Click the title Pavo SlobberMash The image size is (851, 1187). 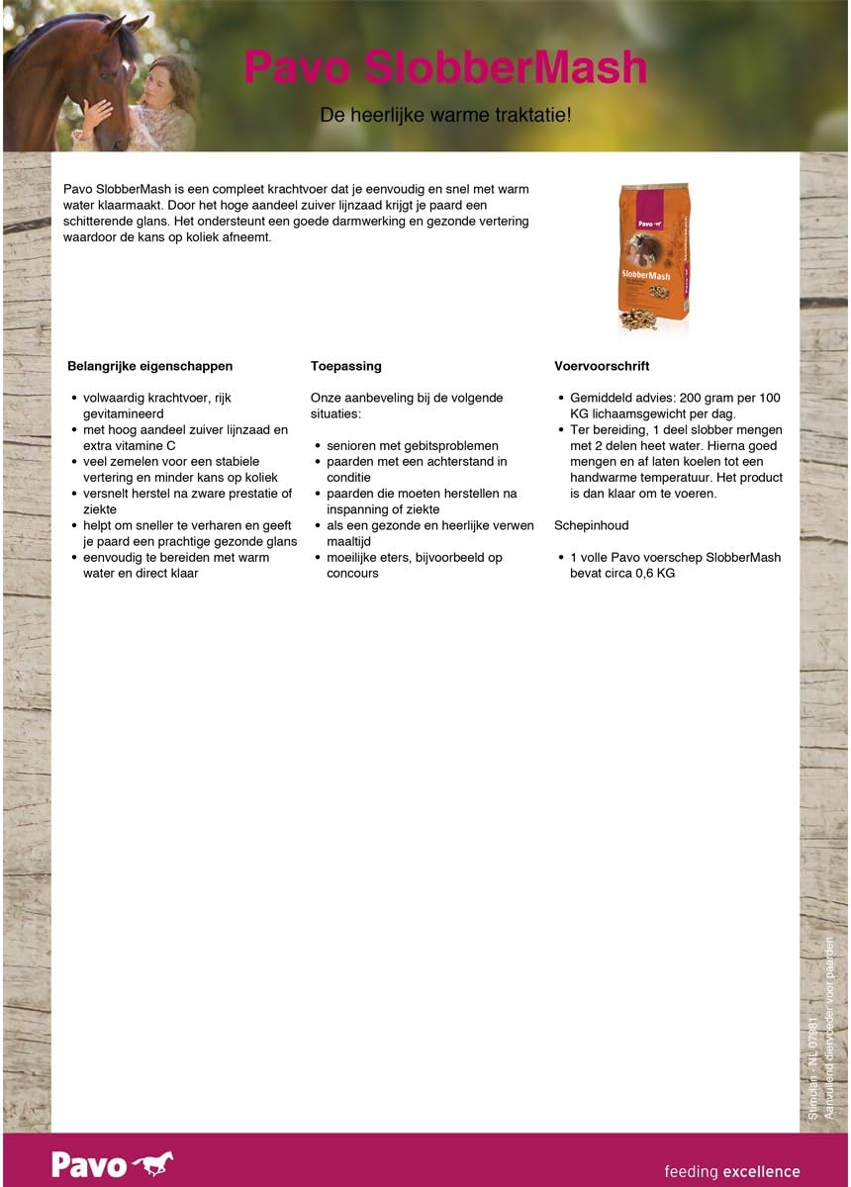click(445, 68)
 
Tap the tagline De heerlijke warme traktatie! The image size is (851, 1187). click(445, 115)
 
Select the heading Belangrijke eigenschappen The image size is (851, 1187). click(149, 366)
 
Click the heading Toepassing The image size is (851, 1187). click(345, 366)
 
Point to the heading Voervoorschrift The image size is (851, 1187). click(602, 366)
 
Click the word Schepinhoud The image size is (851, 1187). click(592, 525)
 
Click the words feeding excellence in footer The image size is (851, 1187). click(731, 1172)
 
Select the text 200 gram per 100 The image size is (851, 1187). click(729, 398)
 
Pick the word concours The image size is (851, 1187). click(353, 574)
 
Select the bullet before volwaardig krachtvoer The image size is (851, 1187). click(75, 399)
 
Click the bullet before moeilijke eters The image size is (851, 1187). click(319, 558)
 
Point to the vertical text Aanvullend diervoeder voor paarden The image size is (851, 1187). click(829, 1029)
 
